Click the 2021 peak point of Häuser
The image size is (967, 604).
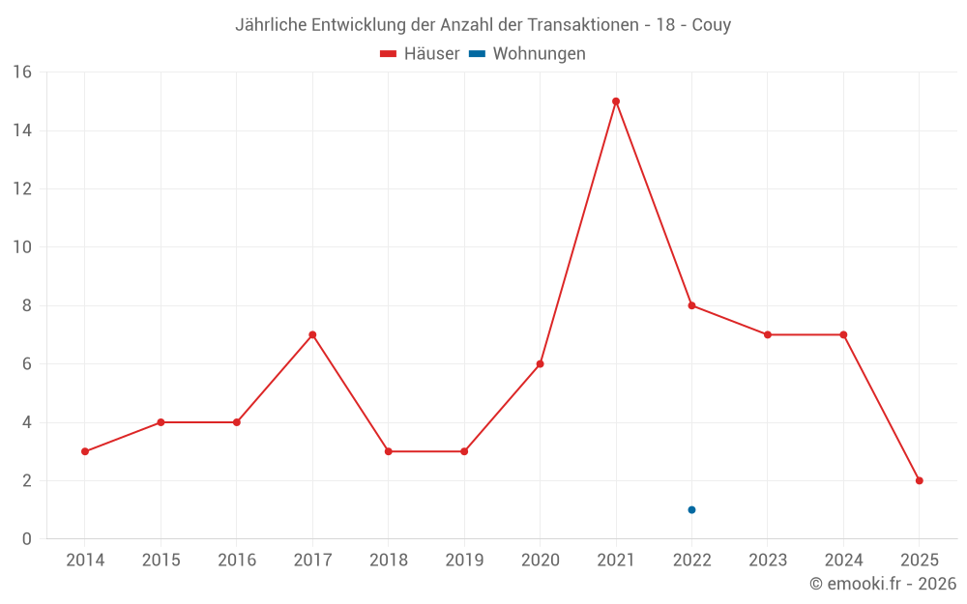click(616, 101)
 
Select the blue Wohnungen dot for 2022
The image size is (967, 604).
click(691, 510)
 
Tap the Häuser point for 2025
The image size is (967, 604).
click(919, 480)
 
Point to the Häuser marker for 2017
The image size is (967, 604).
click(312, 334)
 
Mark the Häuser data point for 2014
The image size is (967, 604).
click(85, 451)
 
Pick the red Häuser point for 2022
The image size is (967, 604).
click(691, 305)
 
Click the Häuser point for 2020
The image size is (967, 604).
click(540, 364)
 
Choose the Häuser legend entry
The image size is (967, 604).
click(420, 54)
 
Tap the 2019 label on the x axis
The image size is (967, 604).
click(464, 561)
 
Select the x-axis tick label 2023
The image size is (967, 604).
click(768, 561)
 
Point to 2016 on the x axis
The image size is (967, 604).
click(237, 561)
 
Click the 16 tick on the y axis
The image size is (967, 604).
click(21, 72)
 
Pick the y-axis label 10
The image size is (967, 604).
click(21, 247)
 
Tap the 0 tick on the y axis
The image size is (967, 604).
click(26, 539)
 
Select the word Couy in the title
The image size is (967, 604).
click(711, 25)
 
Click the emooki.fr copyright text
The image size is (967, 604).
click(883, 584)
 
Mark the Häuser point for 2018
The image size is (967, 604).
click(388, 451)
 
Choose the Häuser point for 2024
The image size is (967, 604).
click(843, 334)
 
